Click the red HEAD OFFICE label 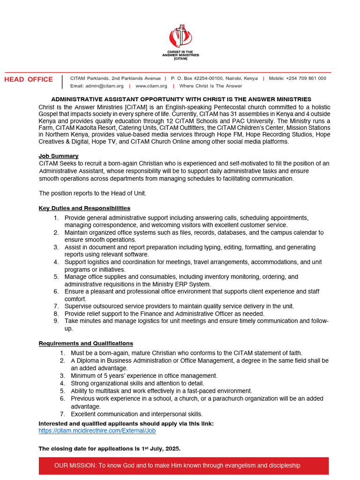pyautogui.click(x=29, y=79)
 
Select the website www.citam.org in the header pyautogui.click(x=151, y=86)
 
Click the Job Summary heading pyautogui.click(x=58, y=156)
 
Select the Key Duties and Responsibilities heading pyautogui.click(x=84, y=208)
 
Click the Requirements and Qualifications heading pyautogui.click(x=85, y=344)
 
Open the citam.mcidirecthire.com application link pyautogui.click(x=97, y=430)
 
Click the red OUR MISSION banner pyautogui.click(x=183, y=465)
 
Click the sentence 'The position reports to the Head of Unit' pyautogui.click(x=92, y=193)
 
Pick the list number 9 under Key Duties pyautogui.click(x=56, y=321)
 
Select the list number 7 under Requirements pyautogui.click(x=62, y=414)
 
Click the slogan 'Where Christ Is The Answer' pyautogui.click(x=210, y=86)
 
